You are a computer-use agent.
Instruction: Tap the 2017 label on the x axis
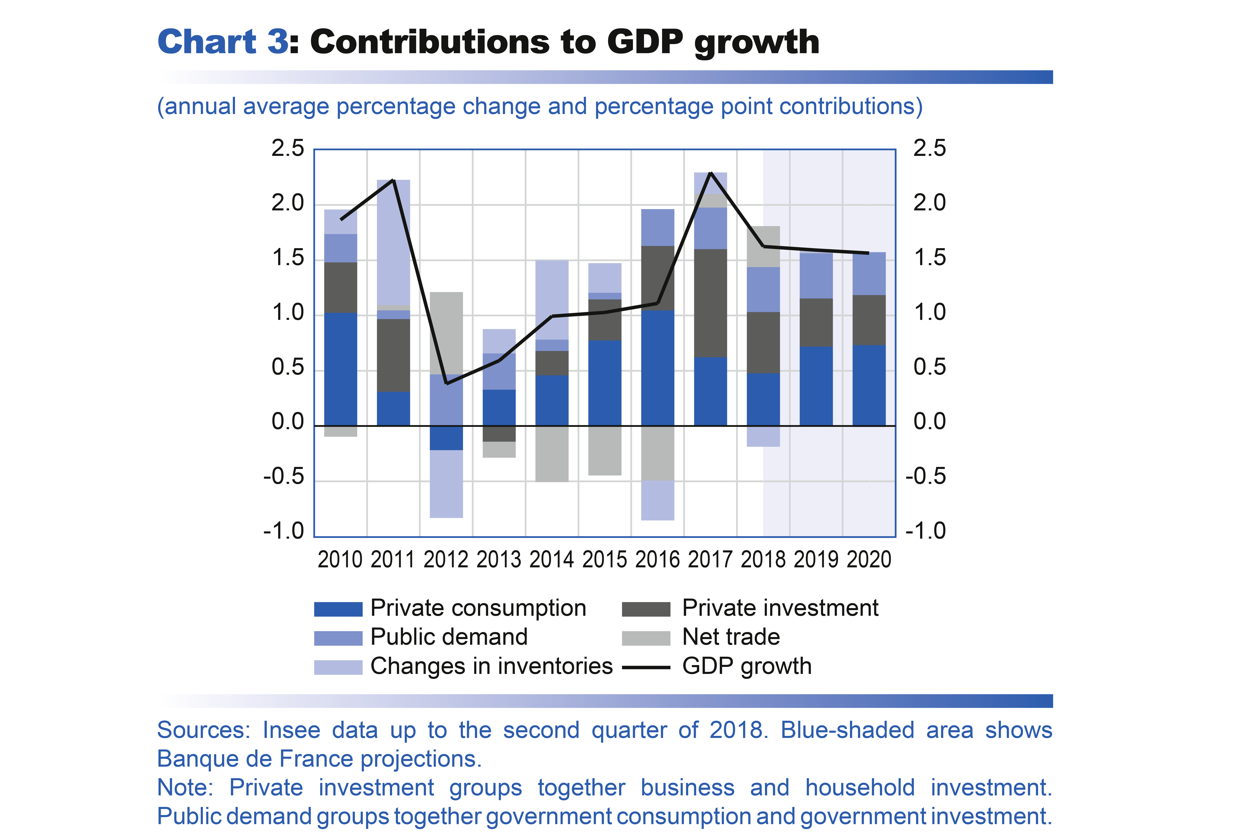click(x=710, y=559)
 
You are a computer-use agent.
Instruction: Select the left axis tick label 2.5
click(x=288, y=148)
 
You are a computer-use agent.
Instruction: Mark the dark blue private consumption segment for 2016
click(x=657, y=368)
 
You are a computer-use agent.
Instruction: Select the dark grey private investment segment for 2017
click(x=710, y=303)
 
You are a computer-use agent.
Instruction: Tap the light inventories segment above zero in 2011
click(x=393, y=242)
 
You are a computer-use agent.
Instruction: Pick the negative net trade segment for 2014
click(x=552, y=454)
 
